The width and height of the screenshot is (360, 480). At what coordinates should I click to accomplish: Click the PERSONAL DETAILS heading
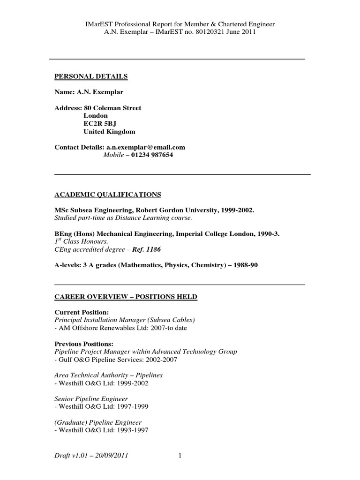pos(91,76)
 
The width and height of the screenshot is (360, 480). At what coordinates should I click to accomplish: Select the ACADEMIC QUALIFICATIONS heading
pos(108,195)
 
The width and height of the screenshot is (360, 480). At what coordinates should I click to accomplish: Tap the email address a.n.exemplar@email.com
pos(146,147)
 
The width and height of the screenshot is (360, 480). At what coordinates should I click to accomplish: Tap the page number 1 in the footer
pos(180,455)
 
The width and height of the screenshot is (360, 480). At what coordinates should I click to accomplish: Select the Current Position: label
pos(82,312)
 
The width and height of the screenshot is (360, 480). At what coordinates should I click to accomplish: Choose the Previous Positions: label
pos(84,344)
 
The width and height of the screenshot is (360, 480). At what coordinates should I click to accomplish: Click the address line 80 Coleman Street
pos(112,108)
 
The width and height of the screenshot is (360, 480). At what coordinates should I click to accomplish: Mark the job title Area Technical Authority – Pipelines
pos(109,375)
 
